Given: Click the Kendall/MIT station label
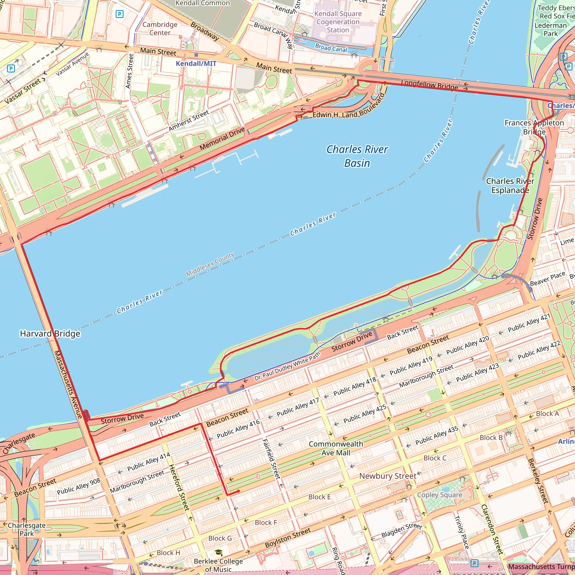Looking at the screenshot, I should click(x=196, y=63).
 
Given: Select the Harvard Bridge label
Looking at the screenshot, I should click(x=50, y=334).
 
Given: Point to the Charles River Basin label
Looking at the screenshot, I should click(x=357, y=156).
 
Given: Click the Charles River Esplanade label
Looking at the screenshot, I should click(x=510, y=186).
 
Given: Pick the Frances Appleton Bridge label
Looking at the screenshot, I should click(x=534, y=127).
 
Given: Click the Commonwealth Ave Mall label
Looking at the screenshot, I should click(x=336, y=448).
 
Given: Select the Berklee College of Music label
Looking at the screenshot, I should click(x=218, y=565).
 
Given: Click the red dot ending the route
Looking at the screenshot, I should click(x=238, y=491).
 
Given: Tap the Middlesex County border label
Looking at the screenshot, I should click(x=210, y=264).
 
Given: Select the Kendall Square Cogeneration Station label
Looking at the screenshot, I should click(x=338, y=22).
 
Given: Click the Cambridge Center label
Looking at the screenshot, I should click(x=160, y=29).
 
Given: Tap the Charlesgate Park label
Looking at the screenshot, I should click(x=27, y=530).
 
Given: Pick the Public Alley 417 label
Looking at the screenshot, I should click(x=298, y=407).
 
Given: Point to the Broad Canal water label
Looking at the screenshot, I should click(x=331, y=48).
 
